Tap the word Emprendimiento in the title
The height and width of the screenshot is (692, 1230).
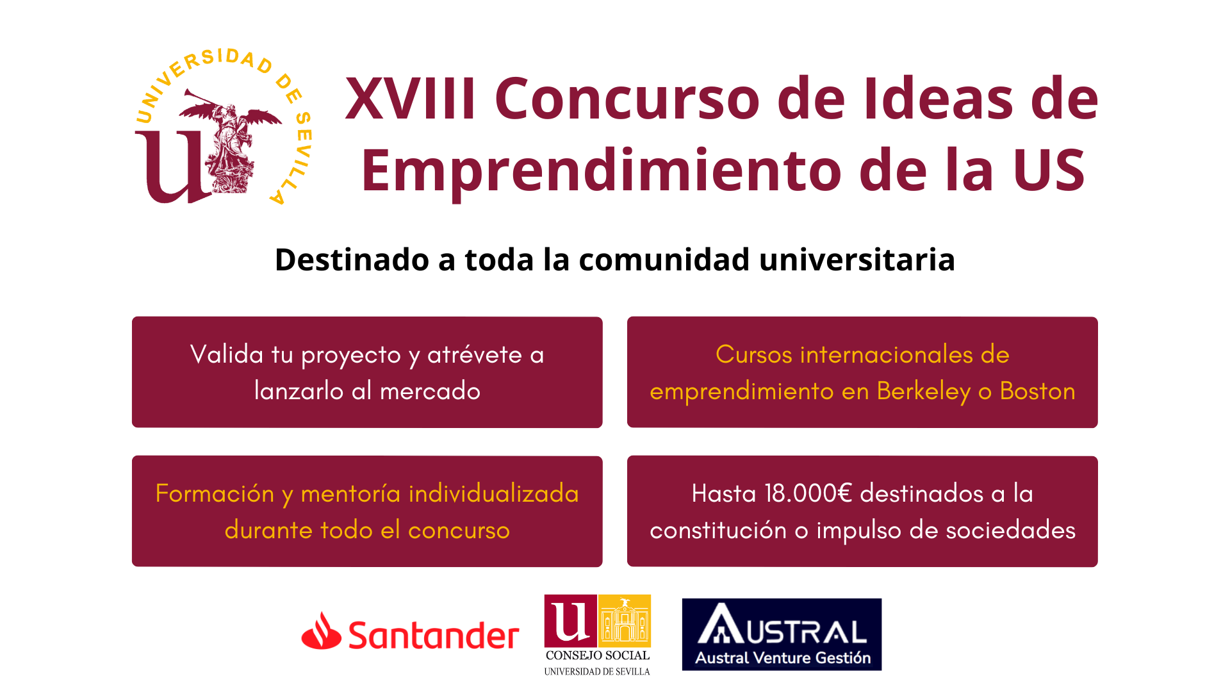pyautogui.click(x=602, y=171)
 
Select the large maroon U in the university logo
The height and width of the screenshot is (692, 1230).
pyautogui.click(x=173, y=167)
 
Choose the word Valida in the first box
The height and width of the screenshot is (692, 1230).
pyautogui.click(x=227, y=354)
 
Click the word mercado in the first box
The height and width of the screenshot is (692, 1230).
pyautogui.click(x=430, y=391)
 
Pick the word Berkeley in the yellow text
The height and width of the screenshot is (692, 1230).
pyautogui.click(x=924, y=391)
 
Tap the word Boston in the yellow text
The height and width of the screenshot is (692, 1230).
pyautogui.click(x=1038, y=391)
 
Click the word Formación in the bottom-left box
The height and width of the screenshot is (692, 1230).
pyautogui.click(x=215, y=493)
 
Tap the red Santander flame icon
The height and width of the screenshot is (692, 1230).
pyautogui.click(x=321, y=630)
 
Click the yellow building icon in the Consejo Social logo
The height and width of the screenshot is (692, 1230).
pyautogui.click(x=625, y=620)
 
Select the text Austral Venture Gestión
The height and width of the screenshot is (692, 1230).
pyautogui.click(x=783, y=658)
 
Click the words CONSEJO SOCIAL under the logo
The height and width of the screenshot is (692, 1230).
pyautogui.click(x=598, y=655)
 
